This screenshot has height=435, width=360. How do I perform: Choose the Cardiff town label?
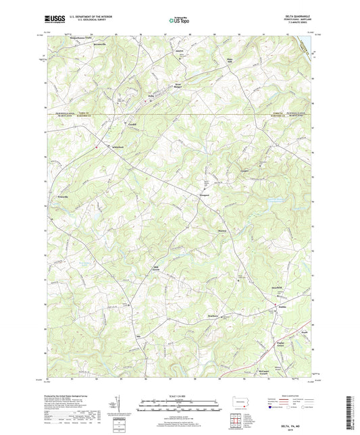pos(134,124)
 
